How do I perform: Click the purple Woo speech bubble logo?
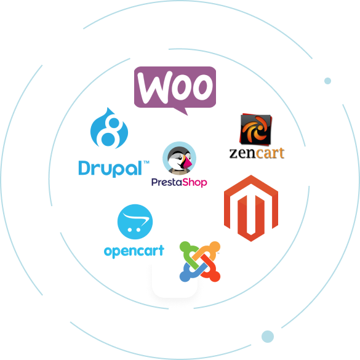(175, 89)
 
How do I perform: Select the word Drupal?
(110, 169)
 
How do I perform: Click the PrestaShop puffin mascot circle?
(179, 158)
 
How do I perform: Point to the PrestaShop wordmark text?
(179, 182)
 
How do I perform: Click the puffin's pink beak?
(187, 162)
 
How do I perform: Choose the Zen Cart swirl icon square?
(255, 129)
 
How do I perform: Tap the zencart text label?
(257, 153)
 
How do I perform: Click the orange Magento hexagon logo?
(251, 208)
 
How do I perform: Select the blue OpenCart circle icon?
(135, 222)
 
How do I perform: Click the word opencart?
(134, 252)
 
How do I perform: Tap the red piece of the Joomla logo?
(209, 269)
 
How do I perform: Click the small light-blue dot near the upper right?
(327, 81)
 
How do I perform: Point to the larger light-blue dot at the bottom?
(268, 337)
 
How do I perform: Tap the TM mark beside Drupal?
(146, 162)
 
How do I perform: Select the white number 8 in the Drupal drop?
(108, 132)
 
